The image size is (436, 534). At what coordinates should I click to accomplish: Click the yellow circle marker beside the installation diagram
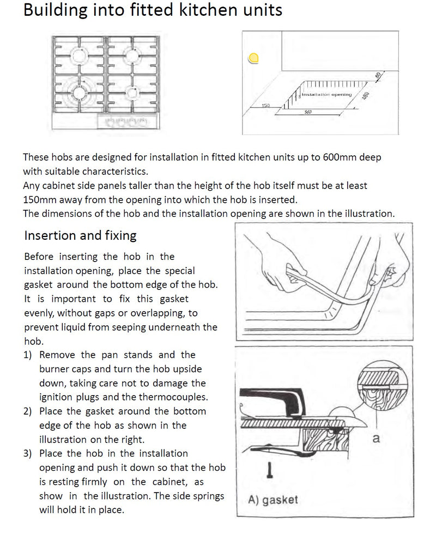click(253, 59)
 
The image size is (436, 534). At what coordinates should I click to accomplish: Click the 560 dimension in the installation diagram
click(308, 112)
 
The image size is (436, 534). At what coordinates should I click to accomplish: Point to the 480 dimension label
click(365, 96)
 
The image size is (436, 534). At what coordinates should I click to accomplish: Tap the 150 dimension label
click(266, 106)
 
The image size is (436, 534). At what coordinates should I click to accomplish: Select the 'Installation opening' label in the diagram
click(326, 94)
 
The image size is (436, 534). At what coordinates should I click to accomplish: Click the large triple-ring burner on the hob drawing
click(80, 92)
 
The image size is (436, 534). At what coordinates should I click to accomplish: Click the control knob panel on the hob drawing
click(126, 122)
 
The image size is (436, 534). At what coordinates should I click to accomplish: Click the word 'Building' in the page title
click(56, 10)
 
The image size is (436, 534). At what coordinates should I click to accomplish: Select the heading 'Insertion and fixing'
click(81, 235)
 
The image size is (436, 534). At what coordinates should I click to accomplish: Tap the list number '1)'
click(28, 355)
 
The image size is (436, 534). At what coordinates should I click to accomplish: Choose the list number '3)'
click(28, 453)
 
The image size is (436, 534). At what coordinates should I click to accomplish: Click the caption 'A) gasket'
click(273, 500)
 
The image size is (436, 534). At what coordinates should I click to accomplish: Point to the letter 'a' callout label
click(376, 438)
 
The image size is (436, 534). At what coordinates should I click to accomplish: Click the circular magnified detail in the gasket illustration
click(383, 385)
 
